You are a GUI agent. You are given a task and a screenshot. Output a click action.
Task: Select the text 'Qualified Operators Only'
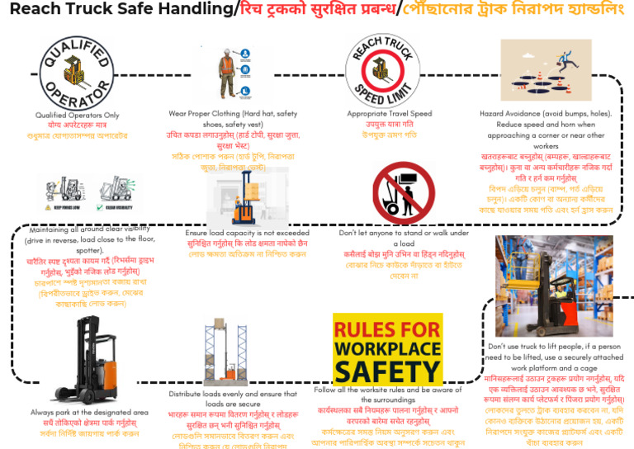pyautogui.click(x=77, y=115)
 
